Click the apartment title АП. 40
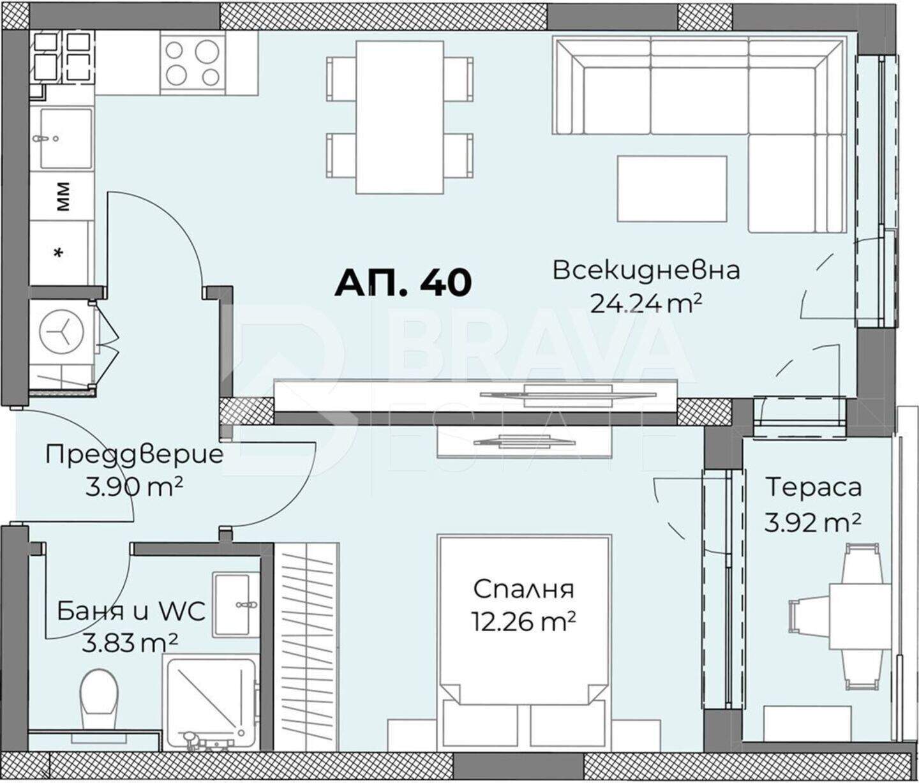403,283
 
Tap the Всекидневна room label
646,270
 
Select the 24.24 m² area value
646,304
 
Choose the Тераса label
814,488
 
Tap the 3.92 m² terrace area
812,523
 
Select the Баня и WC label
131,611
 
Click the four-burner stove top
193,63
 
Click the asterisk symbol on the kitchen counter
58,253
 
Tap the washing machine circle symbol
61,334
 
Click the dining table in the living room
400,117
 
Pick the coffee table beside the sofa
672,188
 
